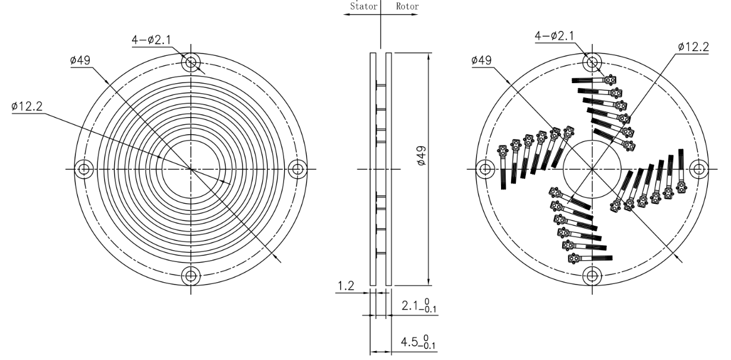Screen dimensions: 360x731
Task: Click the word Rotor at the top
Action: pos(407,8)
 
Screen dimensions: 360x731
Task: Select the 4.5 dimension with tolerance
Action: pos(418,343)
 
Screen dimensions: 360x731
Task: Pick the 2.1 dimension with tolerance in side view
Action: pos(418,307)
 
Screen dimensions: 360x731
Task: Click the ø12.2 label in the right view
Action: pos(692,47)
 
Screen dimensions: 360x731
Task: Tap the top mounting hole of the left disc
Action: pos(191,62)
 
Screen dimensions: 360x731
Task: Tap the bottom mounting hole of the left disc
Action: pos(191,276)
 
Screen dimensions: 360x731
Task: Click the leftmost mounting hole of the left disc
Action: pos(84,169)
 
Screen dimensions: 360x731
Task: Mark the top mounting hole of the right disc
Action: pos(592,62)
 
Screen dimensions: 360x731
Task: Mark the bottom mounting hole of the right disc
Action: pos(592,276)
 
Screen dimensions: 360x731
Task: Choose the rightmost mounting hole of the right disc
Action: pos(699,169)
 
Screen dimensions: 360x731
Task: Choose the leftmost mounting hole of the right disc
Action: pos(485,169)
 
